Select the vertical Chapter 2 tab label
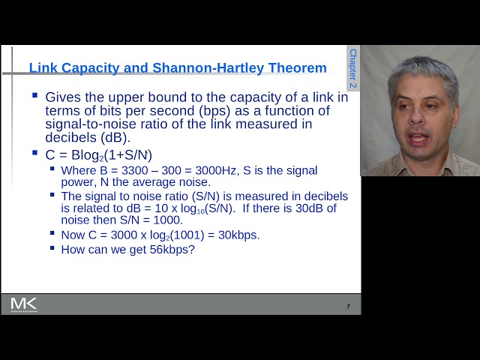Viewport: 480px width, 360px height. [353, 68]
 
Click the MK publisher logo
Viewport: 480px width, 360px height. [23, 304]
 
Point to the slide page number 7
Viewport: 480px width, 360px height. [348, 306]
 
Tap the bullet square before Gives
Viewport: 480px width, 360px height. [35, 96]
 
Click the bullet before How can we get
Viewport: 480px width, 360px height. [53, 247]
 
